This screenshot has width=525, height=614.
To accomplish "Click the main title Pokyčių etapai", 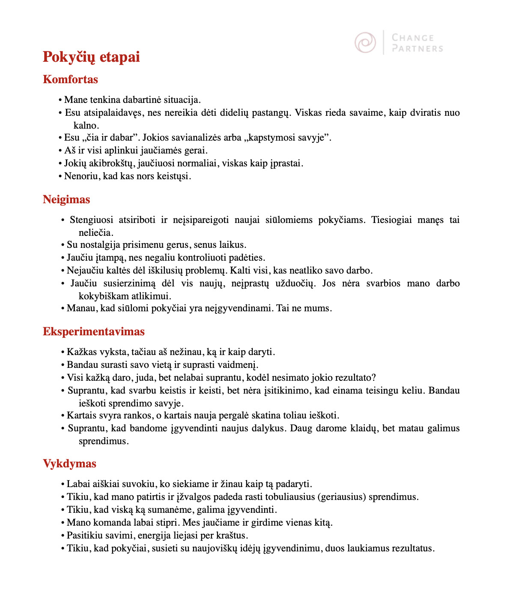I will pyautogui.click(x=91, y=57).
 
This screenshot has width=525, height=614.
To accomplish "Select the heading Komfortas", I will pyautogui.click(x=70, y=79).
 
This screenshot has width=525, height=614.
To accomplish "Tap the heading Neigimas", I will pyautogui.click(x=66, y=199).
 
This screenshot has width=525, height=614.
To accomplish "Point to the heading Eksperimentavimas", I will pyautogui.click(x=94, y=331).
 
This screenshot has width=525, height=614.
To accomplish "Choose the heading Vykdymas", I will pyautogui.click(x=69, y=464).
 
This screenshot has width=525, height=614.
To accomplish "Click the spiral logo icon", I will pyautogui.click(x=365, y=42).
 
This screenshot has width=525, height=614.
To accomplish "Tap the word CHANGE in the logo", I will pyautogui.click(x=413, y=38).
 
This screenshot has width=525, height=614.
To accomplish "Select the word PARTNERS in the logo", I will pyautogui.click(x=418, y=48).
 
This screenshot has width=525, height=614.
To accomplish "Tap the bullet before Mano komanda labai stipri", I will pyautogui.click(x=63, y=523).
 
